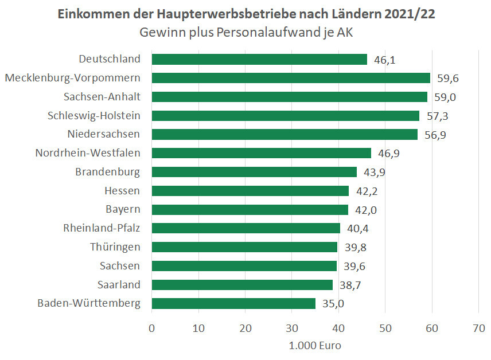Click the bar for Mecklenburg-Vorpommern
click(291, 78)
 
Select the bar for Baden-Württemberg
click(233, 303)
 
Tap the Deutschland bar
click(259, 59)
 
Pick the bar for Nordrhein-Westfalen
click(261, 153)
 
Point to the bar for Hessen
click(250, 190)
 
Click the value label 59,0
click(445, 97)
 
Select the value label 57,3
click(437, 116)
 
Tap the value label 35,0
click(333, 303)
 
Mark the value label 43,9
click(374, 172)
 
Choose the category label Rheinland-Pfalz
click(102, 228)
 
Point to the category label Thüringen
click(115, 247)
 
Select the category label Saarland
click(118, 284)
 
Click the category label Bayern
click(123, 209)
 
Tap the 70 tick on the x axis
click(478, 328)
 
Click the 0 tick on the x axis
click(152, 328)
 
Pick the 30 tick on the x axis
click(292, 328)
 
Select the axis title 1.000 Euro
click(315, 346)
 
